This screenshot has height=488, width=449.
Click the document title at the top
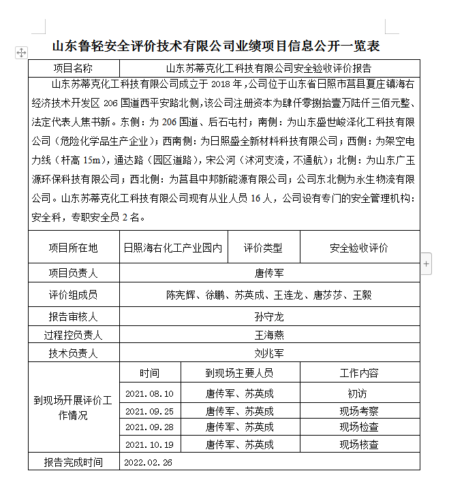click(x=215, y=46)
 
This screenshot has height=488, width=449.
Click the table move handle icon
click(x=21, y=52)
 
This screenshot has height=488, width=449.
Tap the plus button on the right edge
click(x=427, y=263)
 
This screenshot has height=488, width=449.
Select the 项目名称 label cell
click(x=73, y=68)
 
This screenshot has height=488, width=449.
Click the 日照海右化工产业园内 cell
click(x=173, y=248)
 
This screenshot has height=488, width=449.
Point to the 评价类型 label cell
click(x=263, y=248)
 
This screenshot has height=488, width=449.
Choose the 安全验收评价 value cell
click(x=359, y=248)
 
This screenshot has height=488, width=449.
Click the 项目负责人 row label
click(x=73, y=274)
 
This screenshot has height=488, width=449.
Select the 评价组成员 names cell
click(x=269, y=295)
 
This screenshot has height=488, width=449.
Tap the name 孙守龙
click(x=269, y=317)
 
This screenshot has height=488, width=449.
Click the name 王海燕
click(x=269, y=335)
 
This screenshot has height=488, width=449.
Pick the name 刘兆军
click(x=269, y=353)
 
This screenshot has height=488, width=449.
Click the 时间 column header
click(x=150, y=373)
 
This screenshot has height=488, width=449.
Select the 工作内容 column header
click(x=359, y=373)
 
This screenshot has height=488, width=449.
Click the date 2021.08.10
click(x=150, y=393)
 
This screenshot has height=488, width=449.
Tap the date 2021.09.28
click(x=150, y=427)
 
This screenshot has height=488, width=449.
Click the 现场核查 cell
click(x=359, y=445)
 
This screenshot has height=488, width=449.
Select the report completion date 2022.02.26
click(x=149, y=463)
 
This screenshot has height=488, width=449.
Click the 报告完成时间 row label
click(x=73, y=463)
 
